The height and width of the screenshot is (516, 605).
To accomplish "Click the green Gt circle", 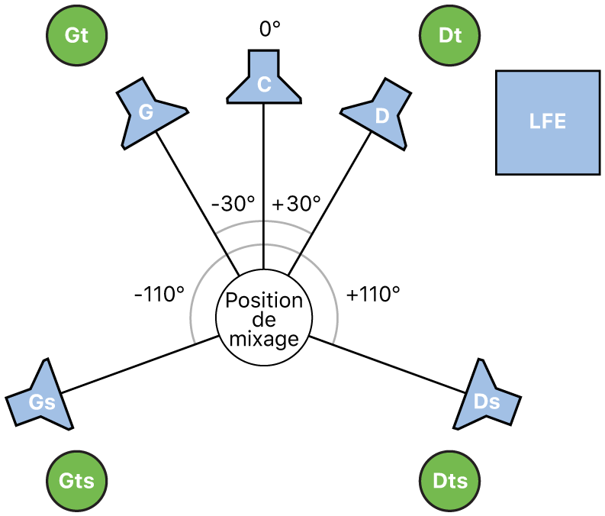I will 77,35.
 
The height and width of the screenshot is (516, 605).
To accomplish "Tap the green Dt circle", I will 450,35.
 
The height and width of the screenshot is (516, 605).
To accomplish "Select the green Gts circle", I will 77,481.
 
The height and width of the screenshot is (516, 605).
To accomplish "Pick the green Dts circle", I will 450,481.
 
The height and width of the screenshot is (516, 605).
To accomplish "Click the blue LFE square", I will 547,122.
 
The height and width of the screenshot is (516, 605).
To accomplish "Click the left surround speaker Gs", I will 42,399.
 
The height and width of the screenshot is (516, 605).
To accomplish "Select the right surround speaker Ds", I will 488,399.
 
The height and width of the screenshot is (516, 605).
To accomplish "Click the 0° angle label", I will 270,30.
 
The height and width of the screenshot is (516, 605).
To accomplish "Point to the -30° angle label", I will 233,204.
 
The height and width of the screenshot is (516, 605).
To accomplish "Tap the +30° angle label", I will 296,204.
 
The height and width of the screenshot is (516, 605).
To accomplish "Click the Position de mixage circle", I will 264,320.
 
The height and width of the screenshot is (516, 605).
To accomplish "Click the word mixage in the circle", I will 264,338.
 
